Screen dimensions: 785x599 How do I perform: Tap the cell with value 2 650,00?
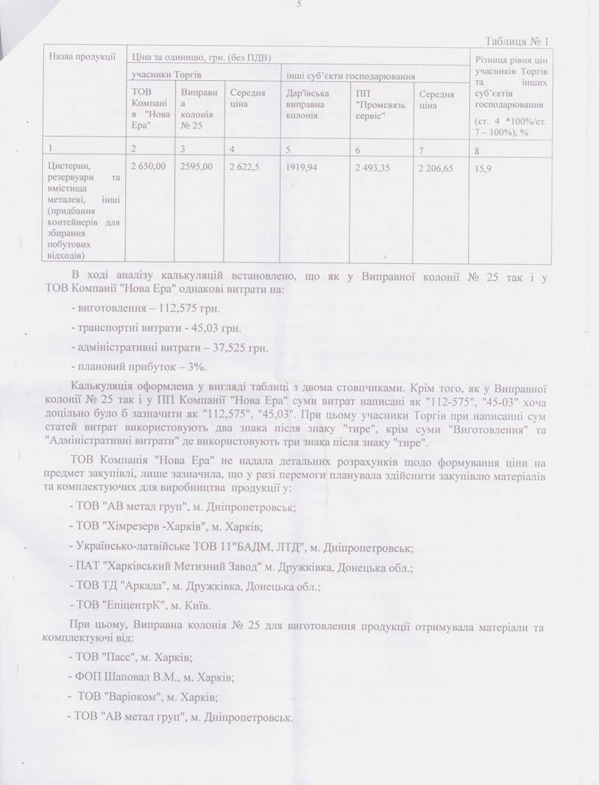tap(148, 168)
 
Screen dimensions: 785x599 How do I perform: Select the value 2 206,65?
tap(435, 168)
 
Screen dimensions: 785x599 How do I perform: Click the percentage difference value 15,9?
tap(484, 168)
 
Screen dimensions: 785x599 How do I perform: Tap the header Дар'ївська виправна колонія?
tap(307, 104)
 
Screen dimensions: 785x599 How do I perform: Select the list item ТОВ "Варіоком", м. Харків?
tap(146, 697)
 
